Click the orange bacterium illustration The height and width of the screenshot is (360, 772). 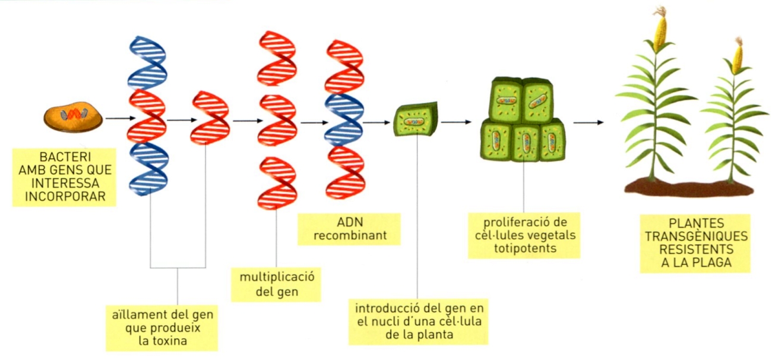[73, 117]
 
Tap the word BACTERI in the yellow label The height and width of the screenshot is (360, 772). [65, 157]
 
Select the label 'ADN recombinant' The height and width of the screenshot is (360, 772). [349, 229]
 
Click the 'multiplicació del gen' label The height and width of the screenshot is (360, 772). [276, 285]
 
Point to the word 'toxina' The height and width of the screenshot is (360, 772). [163, 340]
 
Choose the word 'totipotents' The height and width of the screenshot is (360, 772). [525, 248]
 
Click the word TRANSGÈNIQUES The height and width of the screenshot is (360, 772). [696, 236]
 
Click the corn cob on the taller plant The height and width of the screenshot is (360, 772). [660, 32]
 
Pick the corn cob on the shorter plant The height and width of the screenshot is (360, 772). [737, 59]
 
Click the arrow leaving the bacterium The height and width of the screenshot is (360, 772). [121, 118]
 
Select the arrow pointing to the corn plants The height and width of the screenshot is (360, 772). [589, 122]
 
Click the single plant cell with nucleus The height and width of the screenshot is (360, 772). [416, 119]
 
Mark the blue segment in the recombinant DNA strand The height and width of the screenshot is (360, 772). [344, 120]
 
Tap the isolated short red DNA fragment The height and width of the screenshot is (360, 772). [210, 118]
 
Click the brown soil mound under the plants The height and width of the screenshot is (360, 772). [689, 189]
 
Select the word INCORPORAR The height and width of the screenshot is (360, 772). [65, 196]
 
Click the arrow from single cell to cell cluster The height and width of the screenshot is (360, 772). [456, 122]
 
